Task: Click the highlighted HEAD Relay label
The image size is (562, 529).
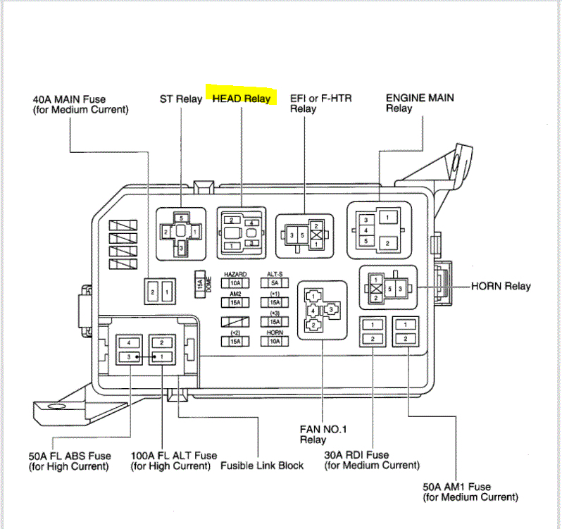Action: pos(242,99)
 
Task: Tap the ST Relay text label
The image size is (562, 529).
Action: pos(181,99)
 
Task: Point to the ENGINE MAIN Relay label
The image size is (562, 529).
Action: pos(420,103)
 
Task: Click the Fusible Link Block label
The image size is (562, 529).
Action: pos(262,466)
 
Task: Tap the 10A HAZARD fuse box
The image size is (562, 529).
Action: pos(235,283)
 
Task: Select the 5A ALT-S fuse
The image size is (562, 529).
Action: pos(274,283)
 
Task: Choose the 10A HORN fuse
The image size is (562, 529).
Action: pos(274,341)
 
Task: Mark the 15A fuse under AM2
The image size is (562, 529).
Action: pos(235,303)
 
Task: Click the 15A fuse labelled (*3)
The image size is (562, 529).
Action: pos(274,322)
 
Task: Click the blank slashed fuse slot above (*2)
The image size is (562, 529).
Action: pos(235,321)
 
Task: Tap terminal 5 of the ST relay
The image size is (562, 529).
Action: pos(181,218)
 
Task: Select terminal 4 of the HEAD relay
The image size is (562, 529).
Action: pos(252,223)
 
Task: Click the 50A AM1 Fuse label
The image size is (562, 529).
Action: pos(456,492)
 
